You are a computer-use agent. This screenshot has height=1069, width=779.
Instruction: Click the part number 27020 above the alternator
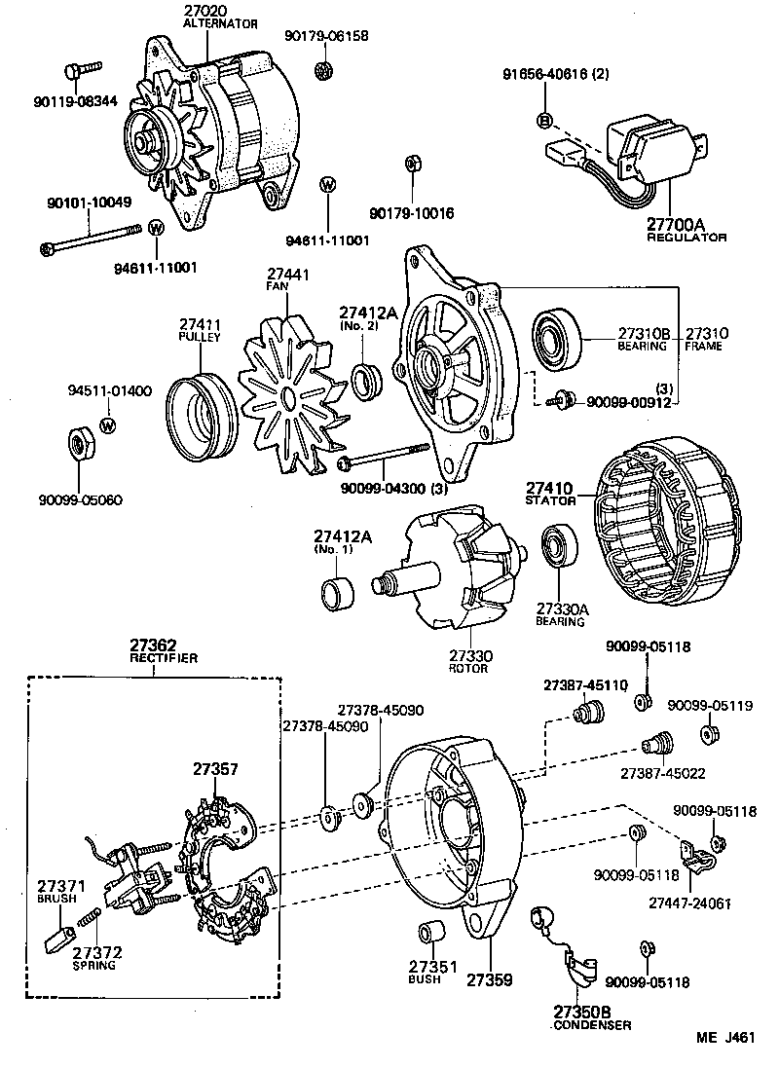204,11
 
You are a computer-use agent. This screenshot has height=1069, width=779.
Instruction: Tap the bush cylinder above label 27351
431,932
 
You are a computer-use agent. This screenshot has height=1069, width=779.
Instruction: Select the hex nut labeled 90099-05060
82,444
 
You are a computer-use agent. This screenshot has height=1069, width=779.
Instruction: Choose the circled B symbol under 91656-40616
544,120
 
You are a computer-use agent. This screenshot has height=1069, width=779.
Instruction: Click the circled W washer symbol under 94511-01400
108,424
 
